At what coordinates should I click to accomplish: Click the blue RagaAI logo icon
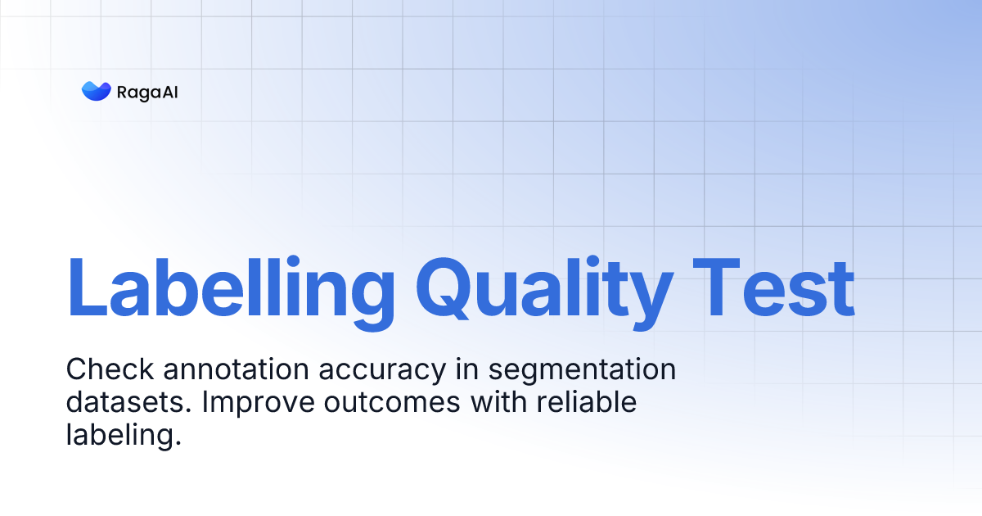(x=96, y=91)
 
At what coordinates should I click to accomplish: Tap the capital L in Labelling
(x=88, y=287)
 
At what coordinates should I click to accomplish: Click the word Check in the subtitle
(x=110, y=370)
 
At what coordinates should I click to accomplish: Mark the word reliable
(x=580, y=403)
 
